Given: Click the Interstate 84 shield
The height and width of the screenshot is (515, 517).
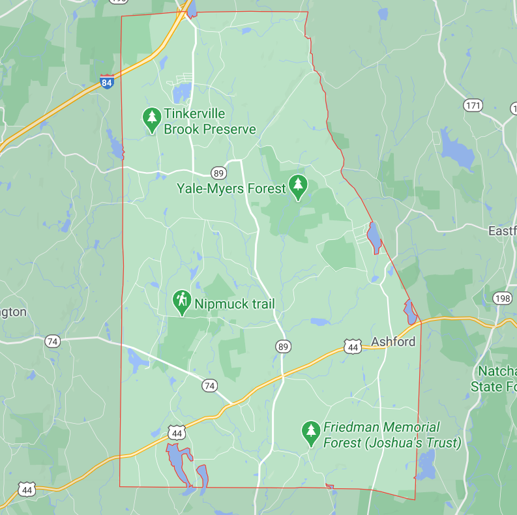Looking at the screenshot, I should (107, 82).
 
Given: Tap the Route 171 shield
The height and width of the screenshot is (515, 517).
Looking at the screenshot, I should (473, 104).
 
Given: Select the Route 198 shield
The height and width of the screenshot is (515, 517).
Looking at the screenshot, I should (503, 298).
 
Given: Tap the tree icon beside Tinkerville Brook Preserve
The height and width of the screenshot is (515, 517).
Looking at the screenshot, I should (152, 118).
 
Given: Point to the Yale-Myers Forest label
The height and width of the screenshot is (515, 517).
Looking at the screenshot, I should (231, 188).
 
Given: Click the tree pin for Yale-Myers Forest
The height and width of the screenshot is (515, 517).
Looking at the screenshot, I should (299, 186).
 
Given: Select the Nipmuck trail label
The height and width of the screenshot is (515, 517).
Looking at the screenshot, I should (233, 304).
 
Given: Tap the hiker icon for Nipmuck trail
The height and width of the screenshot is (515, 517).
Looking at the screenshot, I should (181, 301).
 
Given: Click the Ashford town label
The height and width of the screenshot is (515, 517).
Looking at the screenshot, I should (393, 342).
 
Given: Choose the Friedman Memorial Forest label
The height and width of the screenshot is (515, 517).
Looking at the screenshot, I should (391, 435).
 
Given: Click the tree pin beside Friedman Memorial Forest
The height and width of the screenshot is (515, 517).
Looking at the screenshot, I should (310, 432).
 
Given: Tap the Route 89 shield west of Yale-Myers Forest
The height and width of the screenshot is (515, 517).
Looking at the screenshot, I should (219, 173).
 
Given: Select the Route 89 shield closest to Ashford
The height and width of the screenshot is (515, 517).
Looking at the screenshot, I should (282, 346).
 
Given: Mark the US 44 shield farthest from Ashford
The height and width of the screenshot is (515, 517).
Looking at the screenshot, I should (26, 488).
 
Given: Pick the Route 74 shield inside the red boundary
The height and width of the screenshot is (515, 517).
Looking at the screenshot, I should (209, 386).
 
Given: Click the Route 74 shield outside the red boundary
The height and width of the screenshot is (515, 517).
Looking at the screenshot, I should (53, 341).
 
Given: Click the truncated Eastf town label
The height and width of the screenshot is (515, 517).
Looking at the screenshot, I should (502, 231).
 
